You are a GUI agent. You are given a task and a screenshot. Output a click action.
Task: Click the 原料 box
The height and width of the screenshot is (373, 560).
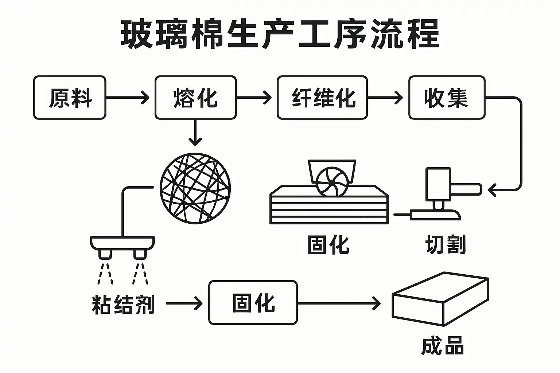pyautogui.click(x=70, y=98)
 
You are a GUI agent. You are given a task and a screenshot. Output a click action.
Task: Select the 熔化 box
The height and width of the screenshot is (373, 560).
pyautogui.click(x=195, y=98)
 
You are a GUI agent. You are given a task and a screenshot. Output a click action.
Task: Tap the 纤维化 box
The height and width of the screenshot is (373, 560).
pyautogui.click(x=322, y=98)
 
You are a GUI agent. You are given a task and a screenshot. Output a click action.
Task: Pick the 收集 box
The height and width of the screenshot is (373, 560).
pyautogui.click(x=447, y=98)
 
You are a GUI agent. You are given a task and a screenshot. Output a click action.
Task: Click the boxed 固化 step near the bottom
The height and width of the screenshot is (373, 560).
pyautogui.click(x=253, y=303)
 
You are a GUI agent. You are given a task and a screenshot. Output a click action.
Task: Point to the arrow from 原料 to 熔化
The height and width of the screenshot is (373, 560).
pyautogui.click(x=128, y=98)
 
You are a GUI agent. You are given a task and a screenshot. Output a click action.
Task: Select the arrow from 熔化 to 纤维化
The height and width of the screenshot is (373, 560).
pyautogui.click(x=254, y=98)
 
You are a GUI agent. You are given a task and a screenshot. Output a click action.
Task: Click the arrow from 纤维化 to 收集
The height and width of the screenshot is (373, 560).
pyautogui.click(x=385, y=98)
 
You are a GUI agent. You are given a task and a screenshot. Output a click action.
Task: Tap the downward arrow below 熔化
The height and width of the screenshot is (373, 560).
pyautogui.click(x=196, y=133)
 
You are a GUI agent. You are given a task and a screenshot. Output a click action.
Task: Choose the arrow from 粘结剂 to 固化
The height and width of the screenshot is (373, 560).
pyautogui.click(x=184, y=303)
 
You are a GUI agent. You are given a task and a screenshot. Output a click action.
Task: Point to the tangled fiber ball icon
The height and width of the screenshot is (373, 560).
pyautogui.click(x=195, y=188)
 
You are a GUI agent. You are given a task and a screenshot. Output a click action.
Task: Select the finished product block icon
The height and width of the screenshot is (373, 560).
pyautogui.click(x=440, y=299)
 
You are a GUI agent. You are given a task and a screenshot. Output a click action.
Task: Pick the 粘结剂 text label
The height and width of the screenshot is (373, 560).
pyautogui.click(x=123, y=305)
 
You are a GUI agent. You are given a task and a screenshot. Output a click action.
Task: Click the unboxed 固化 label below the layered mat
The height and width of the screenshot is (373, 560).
pyautogui.click(x=328, y=244)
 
